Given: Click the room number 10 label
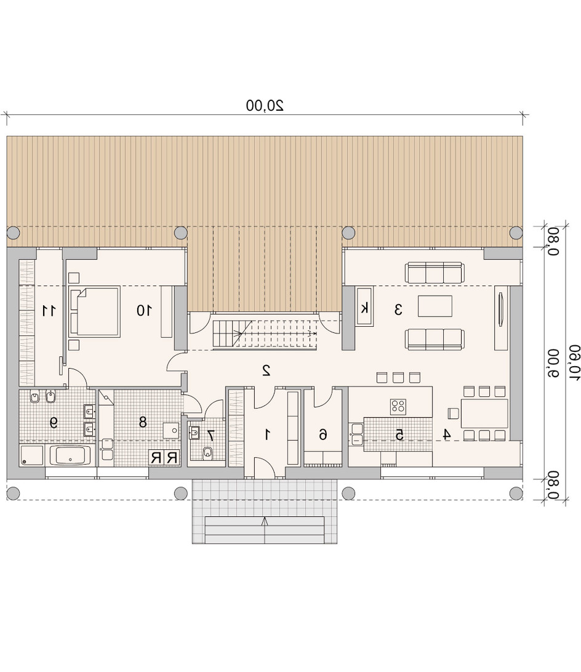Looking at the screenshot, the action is pyautogui.click(x=144, y=310).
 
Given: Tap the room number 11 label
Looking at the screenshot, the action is pyautogui.click(x=49, y=310).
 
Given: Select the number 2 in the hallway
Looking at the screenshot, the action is pyautogui.click(x=266, y=370).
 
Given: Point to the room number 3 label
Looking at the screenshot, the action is pyautogui.click(x=398, y=310).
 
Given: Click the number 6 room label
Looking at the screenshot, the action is pyautogui.click(x=323, y=434).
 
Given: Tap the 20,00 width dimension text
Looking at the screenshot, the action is pyautogui.click(x=265, y=105).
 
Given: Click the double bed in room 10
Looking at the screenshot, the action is pyautogui.click(x=94, y=311).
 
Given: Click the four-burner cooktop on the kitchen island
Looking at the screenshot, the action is pyautogui.click(x=398, y=407).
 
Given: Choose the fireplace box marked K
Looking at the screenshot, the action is pyautogui.click(x=364, y=307).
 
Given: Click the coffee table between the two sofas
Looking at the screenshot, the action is pyautogui.click(x=435, y=306).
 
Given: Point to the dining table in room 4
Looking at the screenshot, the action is pyautogui.click(x=484, y=413).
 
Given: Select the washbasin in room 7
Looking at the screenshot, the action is pyautogui.click(x=194, y=432).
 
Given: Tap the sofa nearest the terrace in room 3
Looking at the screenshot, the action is pyautogui.click(x=435, y=273).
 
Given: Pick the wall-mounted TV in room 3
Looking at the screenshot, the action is pyautogui.click(x=501, y=310).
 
